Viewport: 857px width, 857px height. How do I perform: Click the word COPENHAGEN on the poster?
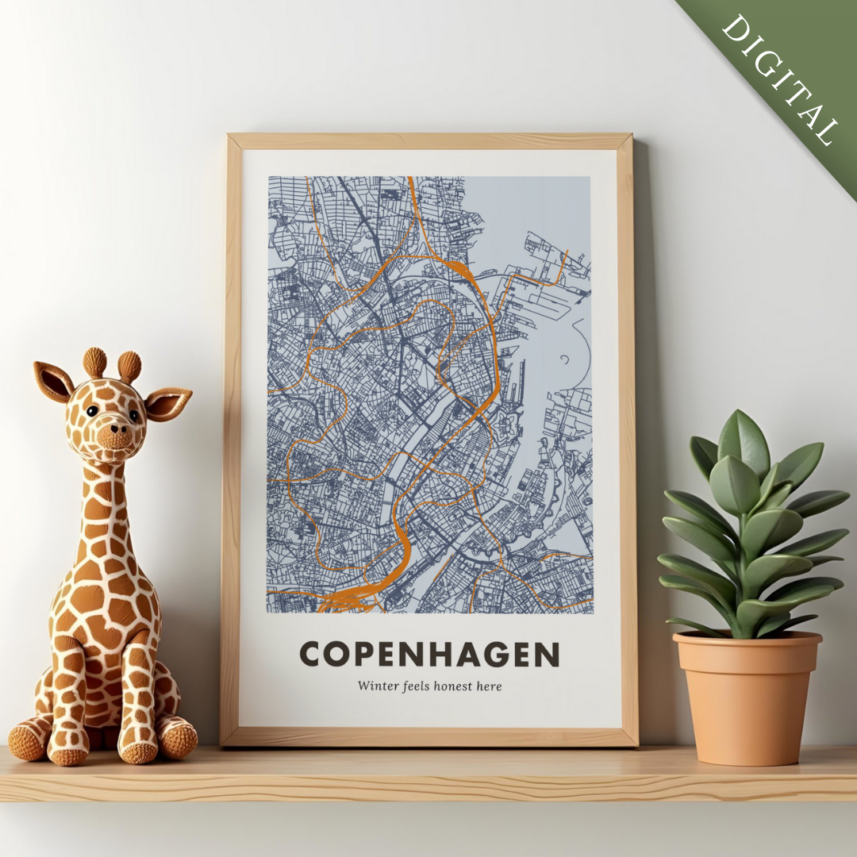coord(429,655)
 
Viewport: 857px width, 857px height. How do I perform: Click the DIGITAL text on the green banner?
coord(780,79)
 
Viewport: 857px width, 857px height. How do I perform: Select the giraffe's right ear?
coord(168,402)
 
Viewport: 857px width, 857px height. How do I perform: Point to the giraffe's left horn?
coord(94,363)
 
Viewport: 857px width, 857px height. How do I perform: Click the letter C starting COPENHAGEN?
coord(311,655)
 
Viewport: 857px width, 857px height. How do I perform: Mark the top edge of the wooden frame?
coord(429,141)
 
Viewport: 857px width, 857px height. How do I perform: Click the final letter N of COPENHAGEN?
coord(548,655)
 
